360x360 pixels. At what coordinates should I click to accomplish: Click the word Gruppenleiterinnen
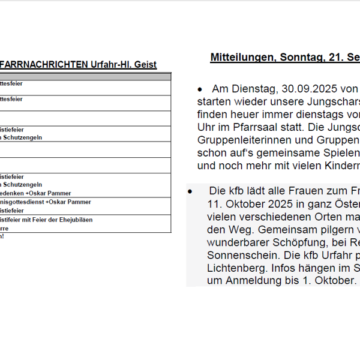237,139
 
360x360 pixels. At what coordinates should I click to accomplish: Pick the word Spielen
331,152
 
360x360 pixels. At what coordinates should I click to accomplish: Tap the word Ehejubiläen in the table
79,220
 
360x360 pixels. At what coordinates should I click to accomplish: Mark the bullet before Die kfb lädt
190,191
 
